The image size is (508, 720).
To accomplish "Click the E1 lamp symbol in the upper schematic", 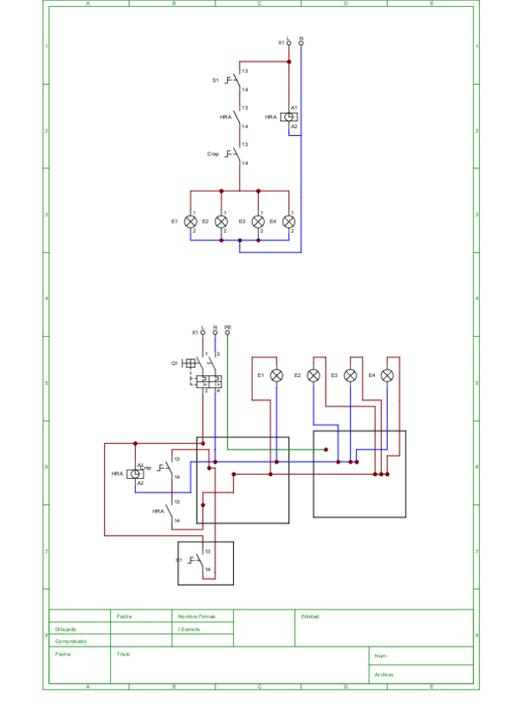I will pyautogui.click(x=191, y=221).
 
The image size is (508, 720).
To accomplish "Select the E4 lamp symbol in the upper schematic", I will pyautogui.click(x=289, y=221).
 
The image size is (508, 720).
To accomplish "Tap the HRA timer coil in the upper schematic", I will pyautogui.click(x=289, y=116).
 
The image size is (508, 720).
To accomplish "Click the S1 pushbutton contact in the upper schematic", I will pyautogui.click(x=237, y=81).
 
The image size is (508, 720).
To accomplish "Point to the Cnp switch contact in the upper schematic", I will pyautogui.click(x=237, y=154).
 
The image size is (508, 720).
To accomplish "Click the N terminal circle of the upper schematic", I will pyautogui.click(x=301, y=42).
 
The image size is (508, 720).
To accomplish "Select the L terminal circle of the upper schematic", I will pyautogui.click(x=288, y=42).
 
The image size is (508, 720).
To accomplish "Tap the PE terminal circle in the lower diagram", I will pyautogui.click(x=227, y=332).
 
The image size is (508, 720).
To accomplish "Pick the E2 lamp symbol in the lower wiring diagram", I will pyautogui.click(x=313, y=374).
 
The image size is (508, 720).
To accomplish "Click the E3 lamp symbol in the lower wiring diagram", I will pyautogui.click(x=350, y=374).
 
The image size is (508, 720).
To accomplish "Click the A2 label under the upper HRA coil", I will pyautogui.click(x=294, y=126).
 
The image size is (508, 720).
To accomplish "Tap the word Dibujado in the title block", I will pyautogui.click(x=66, y=629).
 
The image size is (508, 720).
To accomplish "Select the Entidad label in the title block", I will pyautogui.click(x=310, y=616).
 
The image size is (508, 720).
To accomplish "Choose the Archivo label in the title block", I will pyautogui.click(x=383, y=675).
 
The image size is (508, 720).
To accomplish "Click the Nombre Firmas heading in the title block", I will pyautogui.click(x=197, y=616).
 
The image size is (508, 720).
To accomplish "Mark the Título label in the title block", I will pyautogui.click(x=123, y=655).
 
